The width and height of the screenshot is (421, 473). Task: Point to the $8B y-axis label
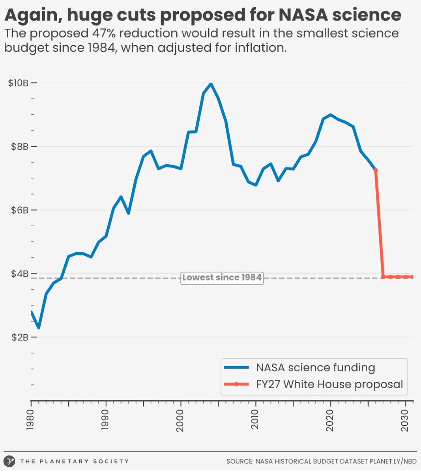[x=19, y=147]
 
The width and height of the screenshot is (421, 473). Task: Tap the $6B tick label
[x=19, y=210]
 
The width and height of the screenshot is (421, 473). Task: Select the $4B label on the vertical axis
[x=19, y=274]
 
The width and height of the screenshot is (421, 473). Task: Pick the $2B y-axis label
[x=19, y=337]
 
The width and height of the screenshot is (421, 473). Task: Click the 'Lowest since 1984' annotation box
[x=222, y=277]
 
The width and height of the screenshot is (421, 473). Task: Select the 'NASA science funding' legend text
[x=315, y=367]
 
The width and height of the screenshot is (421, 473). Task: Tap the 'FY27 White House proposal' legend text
[x=329, y=384]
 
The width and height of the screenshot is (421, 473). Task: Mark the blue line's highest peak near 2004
[x=211, y=84]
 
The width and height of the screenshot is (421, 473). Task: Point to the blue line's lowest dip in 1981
[x=39, y=328]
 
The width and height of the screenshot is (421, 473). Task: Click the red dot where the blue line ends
[x=376, y=170]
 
